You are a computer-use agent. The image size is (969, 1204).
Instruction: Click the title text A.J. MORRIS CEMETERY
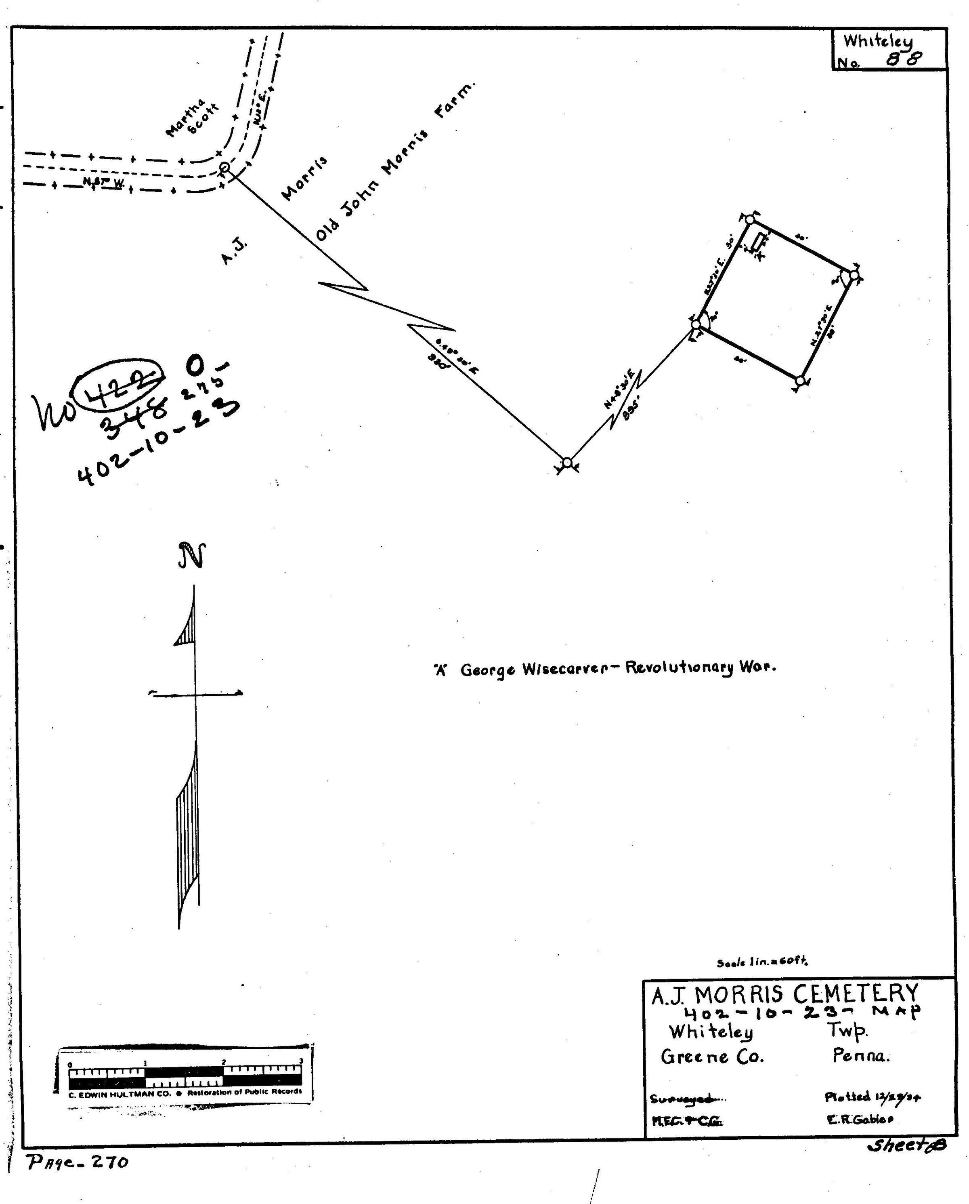(x=785, y=994)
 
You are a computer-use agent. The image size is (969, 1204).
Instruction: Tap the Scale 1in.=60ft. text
(x=762, y=962)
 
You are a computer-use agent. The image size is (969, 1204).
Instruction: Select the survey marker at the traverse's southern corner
(x=567, y=462)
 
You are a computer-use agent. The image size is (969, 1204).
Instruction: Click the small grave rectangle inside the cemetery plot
(x=758, y=242)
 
